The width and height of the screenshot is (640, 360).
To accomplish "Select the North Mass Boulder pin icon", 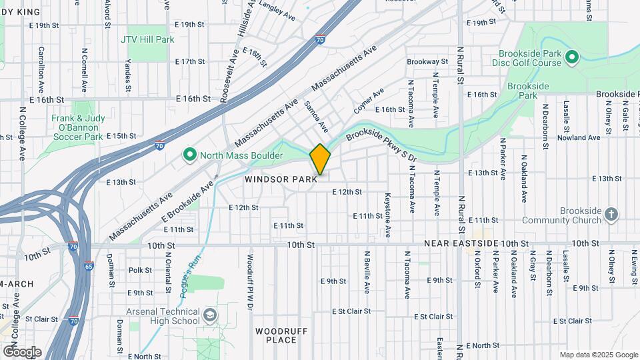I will tap(190, 155).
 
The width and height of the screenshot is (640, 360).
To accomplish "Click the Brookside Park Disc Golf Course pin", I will tap(571, 58).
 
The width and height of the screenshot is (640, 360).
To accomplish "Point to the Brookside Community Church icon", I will tap(611, 215).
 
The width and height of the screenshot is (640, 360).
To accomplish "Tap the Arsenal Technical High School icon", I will tap(210, 315).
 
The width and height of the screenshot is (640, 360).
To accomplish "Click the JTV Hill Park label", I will tap(147, 39).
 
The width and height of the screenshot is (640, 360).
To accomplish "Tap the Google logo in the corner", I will tap(22, 351).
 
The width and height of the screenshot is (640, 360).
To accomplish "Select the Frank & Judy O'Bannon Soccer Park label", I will tap(77, 127).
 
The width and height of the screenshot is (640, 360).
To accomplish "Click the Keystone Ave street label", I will tap(387, 215).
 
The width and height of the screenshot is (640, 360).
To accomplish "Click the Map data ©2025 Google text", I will tap(598, 355).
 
